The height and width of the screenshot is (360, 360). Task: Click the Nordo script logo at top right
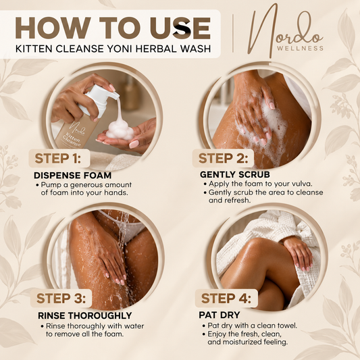285,30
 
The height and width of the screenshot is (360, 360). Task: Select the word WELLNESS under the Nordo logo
300,48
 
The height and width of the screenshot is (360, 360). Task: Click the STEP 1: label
58,158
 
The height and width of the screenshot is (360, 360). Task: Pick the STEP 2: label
223,158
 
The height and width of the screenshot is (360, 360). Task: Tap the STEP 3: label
61,298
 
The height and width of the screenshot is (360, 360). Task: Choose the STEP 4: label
226,298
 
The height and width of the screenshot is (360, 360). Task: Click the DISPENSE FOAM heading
72,176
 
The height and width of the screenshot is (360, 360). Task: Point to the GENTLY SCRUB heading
235,174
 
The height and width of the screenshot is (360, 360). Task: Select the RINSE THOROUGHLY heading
85,315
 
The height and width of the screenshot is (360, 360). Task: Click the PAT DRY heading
220,315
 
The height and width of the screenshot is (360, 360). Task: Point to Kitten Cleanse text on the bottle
71,139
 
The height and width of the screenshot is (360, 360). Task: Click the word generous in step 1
88,185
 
